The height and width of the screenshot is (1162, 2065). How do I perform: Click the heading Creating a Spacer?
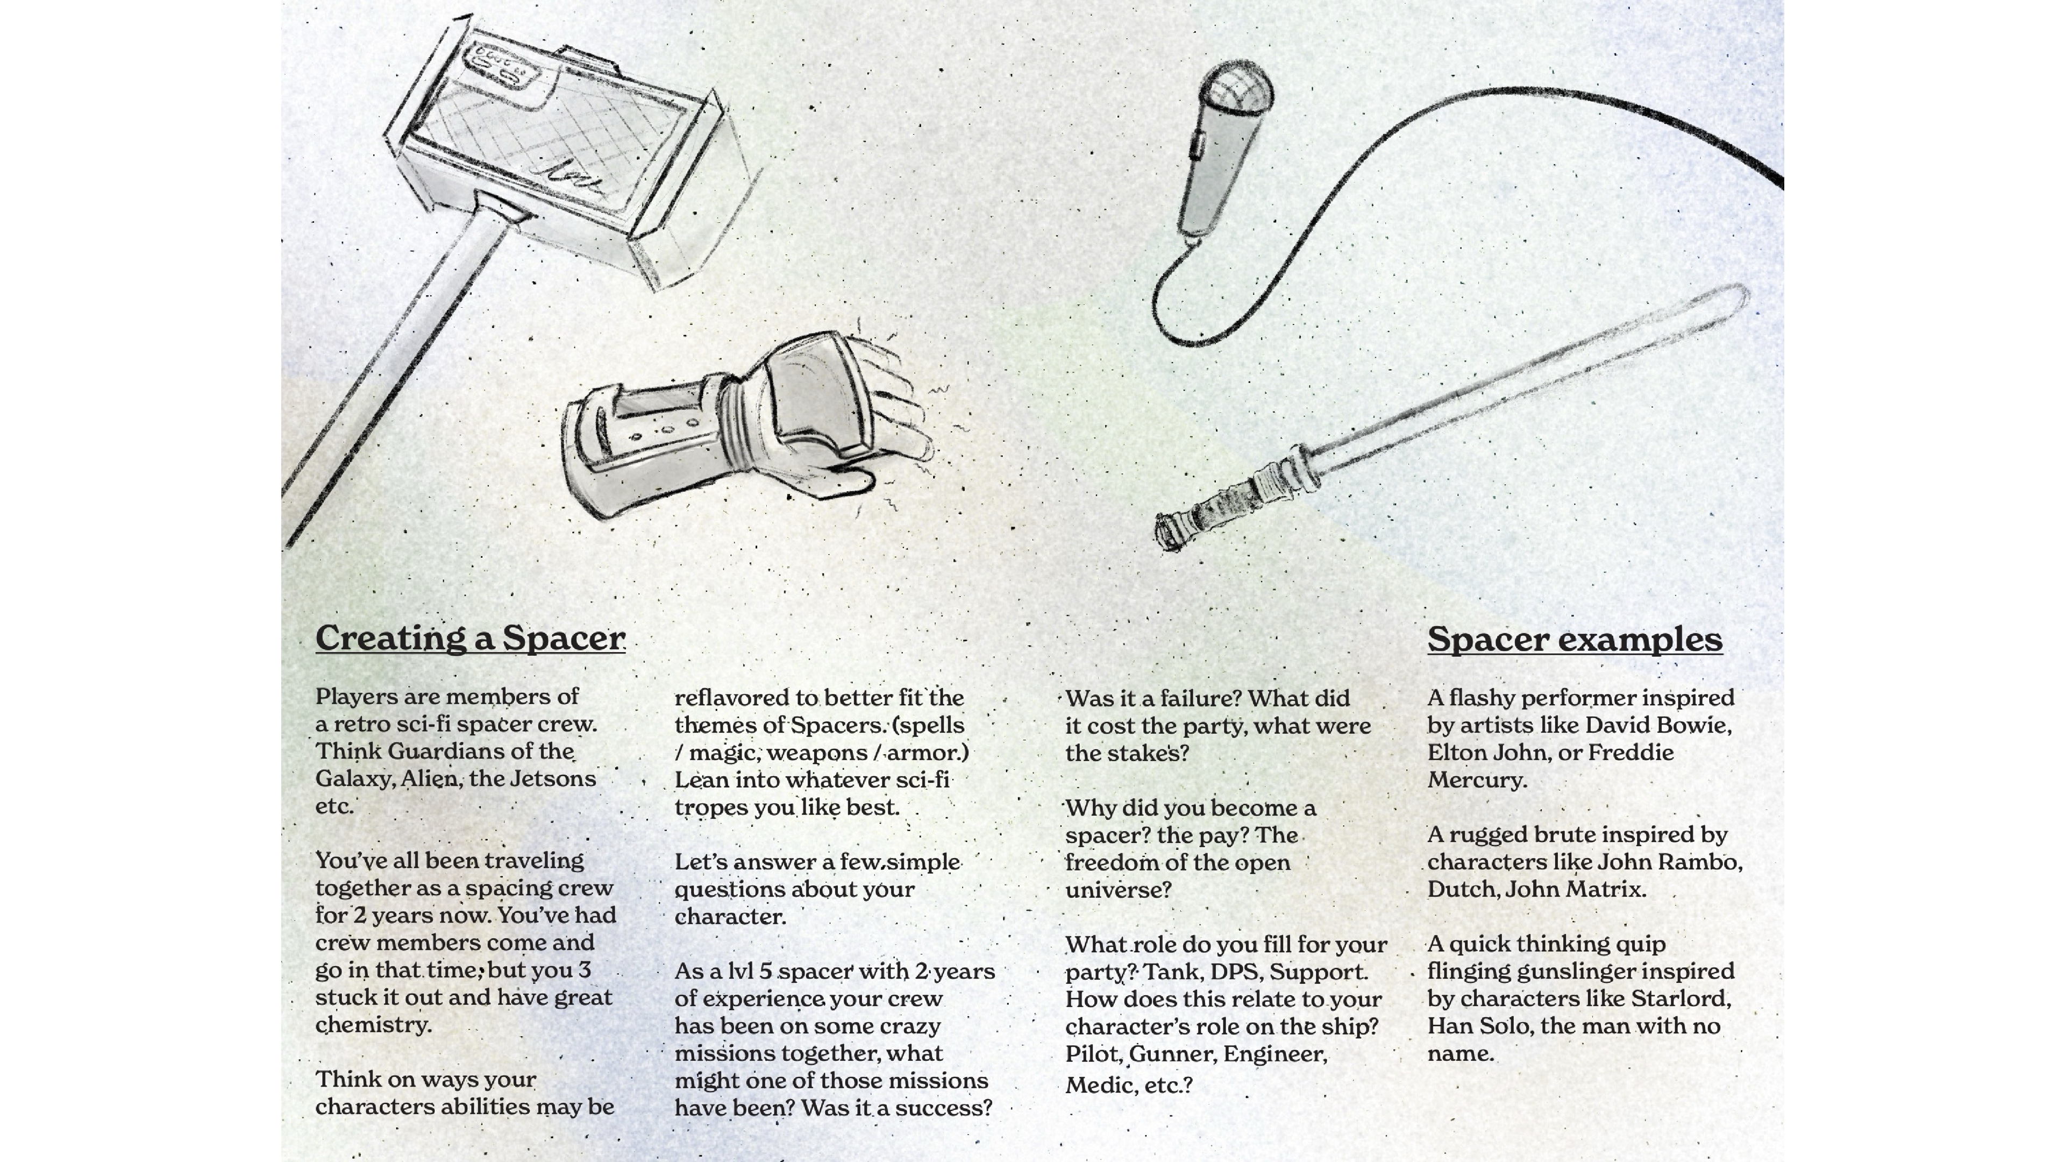471,639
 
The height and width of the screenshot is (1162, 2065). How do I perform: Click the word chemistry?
373,1026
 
